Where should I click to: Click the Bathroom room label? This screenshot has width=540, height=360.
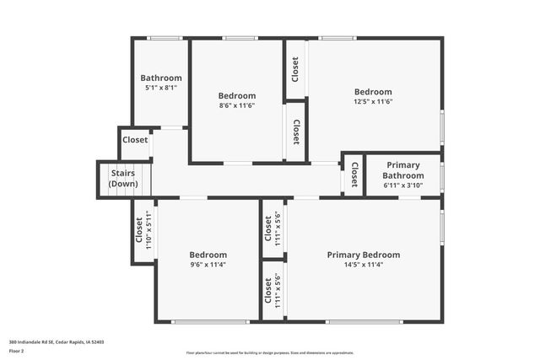[160, 78]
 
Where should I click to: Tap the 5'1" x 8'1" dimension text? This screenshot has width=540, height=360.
[160, 87]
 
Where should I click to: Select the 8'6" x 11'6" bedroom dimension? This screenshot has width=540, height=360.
[236, 105]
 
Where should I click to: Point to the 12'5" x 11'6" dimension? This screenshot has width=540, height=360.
[372, 101]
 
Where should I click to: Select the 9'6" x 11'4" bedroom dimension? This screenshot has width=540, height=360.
[208, 265]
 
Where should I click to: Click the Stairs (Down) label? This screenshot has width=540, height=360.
[123, 178]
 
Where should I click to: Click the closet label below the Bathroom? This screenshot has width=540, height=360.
[135, 141]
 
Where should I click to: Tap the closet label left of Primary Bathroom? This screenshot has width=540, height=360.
[354, 175]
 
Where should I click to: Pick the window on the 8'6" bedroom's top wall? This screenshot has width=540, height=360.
[240, 38]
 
